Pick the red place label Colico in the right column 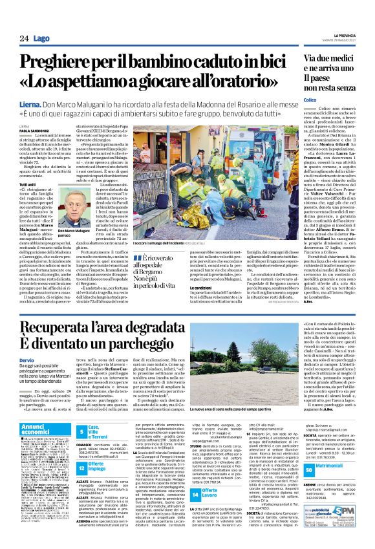(308, 99)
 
